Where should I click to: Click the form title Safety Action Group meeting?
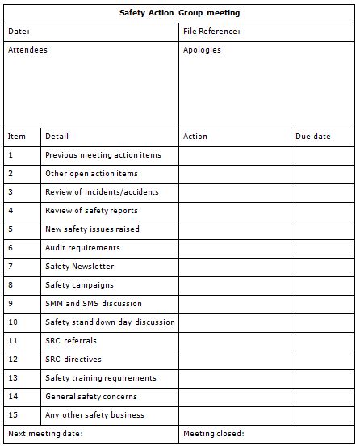pyautogui.click(x=179, y=13)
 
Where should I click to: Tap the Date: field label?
pyautogui.click(x=19, y=32)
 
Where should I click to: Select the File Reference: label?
pyautogui.click(x=211, y=32)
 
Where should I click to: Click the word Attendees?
pyautogui.click(x=28, y=50)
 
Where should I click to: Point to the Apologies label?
pyautogui.click(x=202, y=50)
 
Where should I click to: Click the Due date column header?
pyautogui.click(x=313, y=137)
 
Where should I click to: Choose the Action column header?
pyautogui.click(x=195, y=137)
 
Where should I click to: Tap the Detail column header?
pyautogui.click(x=57, y=137)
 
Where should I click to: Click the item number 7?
pyautogui.click(x=10, y=267)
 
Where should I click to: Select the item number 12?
pyautogui.click(x=13, y=360)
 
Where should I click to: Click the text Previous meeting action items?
pyautogui.click(x=103, y=155)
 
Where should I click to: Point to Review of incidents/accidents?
pyautogui.click(x=102, y=192)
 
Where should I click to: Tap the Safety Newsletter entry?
pyautogui.click(x=80, y=267)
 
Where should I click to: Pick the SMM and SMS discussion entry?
pyautogui.click(x=94, y=304)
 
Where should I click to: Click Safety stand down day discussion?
pyautogui.click(x=110, y=322)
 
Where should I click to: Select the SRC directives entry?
pyautogui.click(x=73, y=360)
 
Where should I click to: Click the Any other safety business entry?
pyautogui.click(x=94, y=415)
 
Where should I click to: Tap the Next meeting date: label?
pyautogui.click(x=45, y=434)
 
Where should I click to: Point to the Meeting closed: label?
pyautogui.click(x=214, y=434)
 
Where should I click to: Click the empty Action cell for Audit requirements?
pyautogui.click(x=235, y=248)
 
